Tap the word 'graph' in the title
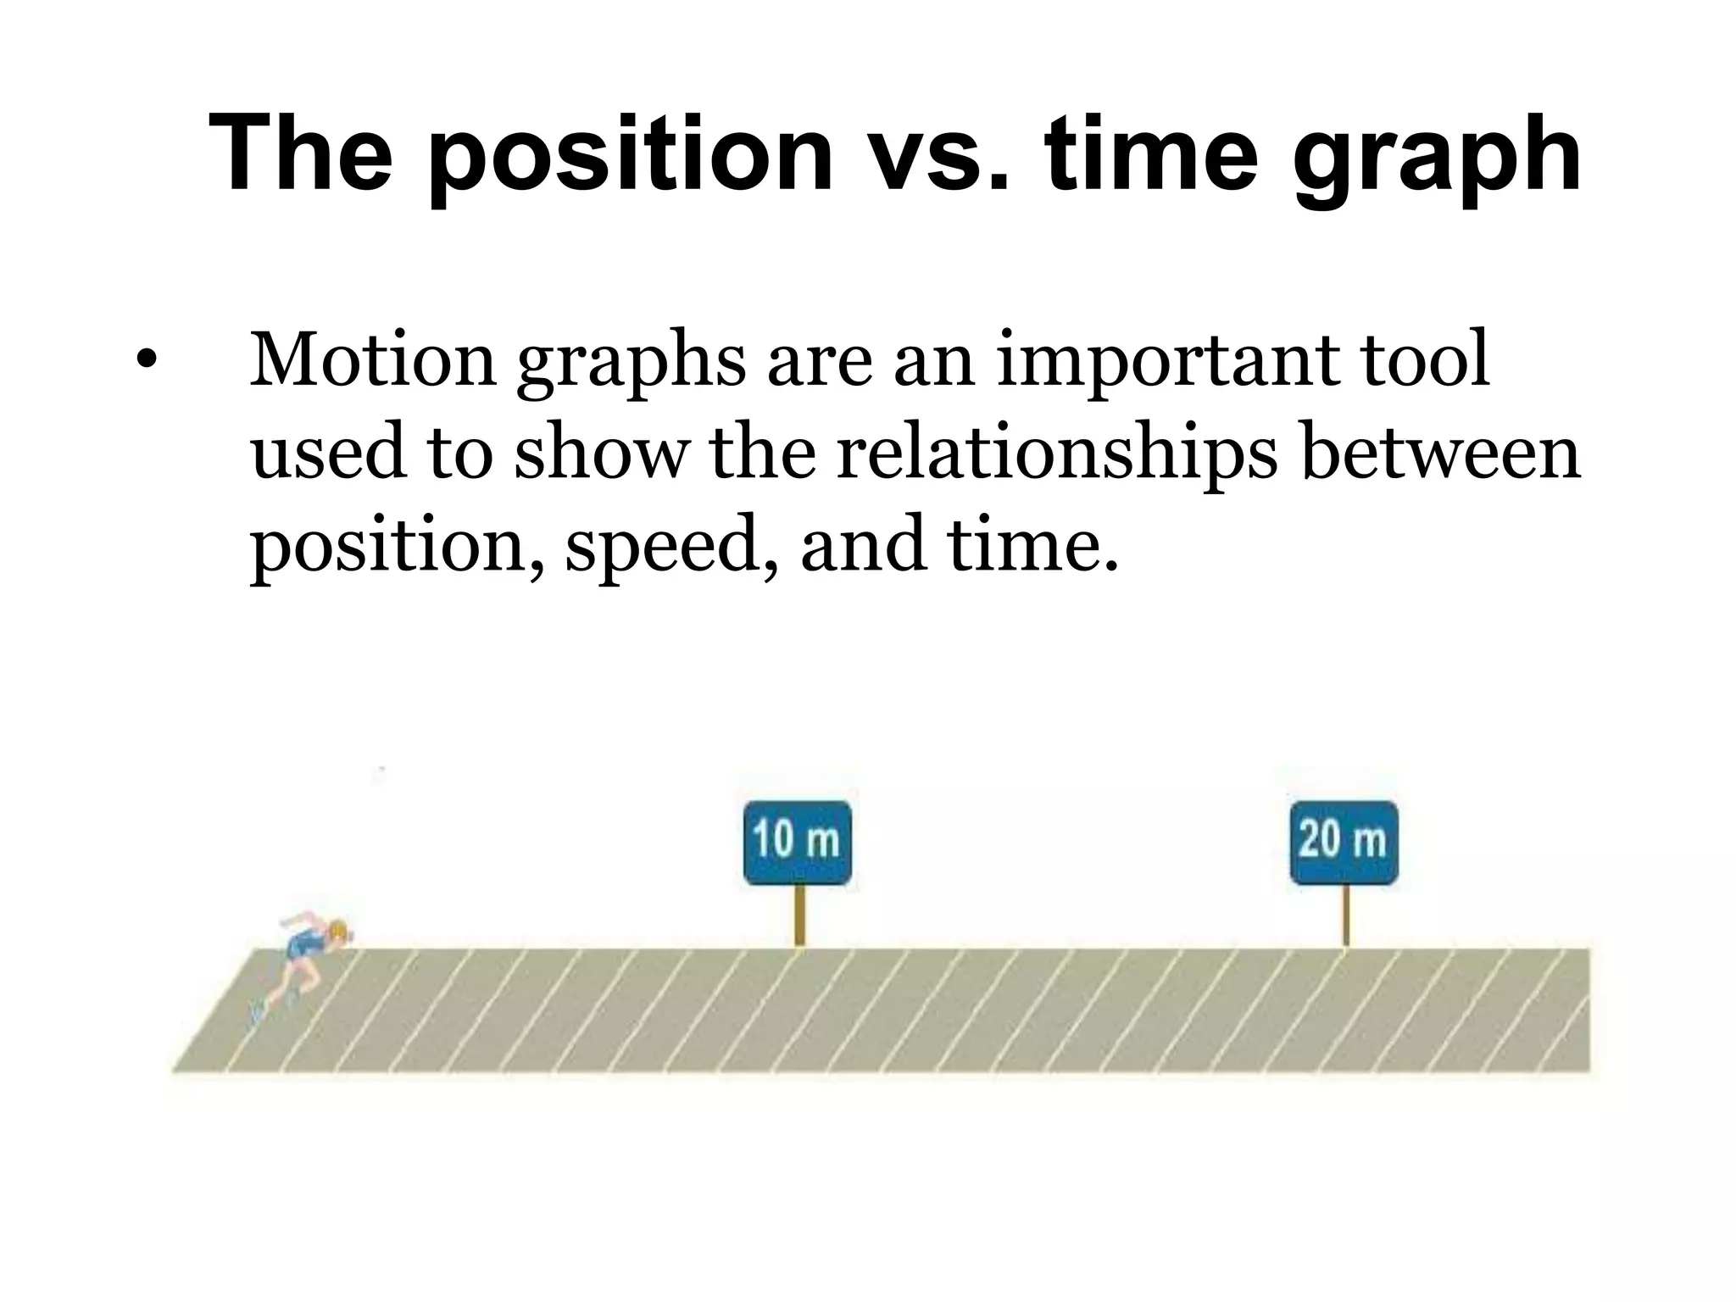(1436, 158)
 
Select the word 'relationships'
(1055, 453)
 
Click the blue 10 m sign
(797, 842)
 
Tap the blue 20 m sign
(1344, 842)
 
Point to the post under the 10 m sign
(798, 915)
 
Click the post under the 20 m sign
(1345, 915)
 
